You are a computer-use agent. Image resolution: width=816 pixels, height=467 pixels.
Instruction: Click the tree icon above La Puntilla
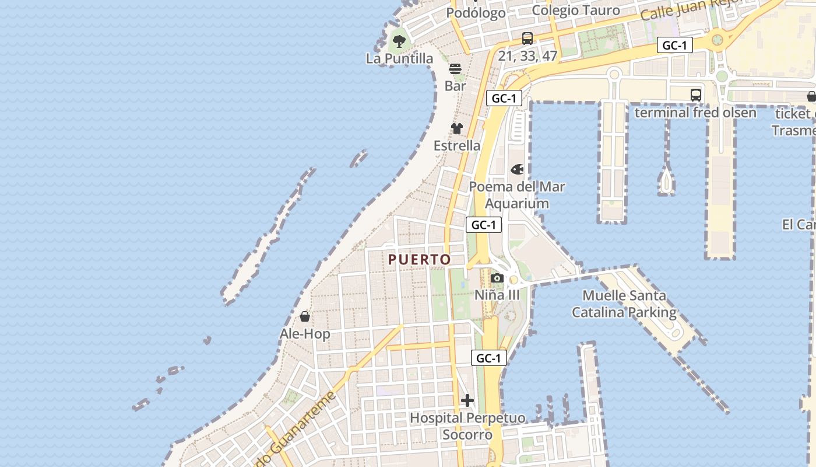(x=399, y=41)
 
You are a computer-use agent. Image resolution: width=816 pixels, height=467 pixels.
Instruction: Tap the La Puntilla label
(x=400, y=58)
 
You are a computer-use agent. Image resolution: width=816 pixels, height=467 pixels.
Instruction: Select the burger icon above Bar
(x=455, y=69)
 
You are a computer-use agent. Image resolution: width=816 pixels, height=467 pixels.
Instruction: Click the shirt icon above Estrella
(x=457, y=128)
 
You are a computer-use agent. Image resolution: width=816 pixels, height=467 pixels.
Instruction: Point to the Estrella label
(x=457, y=145)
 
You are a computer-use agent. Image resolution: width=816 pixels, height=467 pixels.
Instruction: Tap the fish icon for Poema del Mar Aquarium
(x=517, y=170)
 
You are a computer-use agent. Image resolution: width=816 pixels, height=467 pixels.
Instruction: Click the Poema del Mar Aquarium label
(x=517, y=195)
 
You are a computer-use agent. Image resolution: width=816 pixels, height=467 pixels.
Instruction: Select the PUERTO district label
(x=420, y=259)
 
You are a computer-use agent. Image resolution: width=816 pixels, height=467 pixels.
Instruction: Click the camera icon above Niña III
(x=497, y=278)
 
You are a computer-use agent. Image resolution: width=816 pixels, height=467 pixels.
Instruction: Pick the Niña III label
(x=497, y=295)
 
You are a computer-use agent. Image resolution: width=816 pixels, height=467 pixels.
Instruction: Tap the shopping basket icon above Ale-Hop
(x=305, y=317)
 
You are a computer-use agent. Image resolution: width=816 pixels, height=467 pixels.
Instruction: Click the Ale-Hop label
(x=305, y=334)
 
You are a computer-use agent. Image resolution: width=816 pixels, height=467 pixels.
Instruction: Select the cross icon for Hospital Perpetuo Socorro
(x=467, y=401)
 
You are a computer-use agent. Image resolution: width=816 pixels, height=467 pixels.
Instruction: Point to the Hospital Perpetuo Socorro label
(x=467, y=426)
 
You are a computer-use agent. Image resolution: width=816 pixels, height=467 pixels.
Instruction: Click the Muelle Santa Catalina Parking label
(x=624, y=304)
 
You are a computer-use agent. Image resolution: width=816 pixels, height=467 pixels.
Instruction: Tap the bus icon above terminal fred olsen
(x=695, y=95)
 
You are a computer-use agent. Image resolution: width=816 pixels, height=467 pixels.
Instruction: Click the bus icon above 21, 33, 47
(x=527, y=39)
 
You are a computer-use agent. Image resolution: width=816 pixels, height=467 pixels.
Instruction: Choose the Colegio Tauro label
(x=576, y=10)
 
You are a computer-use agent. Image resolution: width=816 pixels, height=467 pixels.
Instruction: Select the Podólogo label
(x=476, y=13)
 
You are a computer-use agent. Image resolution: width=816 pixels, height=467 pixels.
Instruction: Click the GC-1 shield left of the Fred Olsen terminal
(x=675, y=45)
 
